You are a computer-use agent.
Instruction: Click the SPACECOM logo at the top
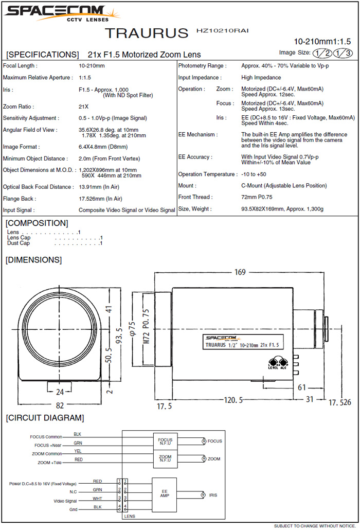56,13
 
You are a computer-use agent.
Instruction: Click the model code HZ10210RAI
222,31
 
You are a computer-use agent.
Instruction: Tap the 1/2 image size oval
322,52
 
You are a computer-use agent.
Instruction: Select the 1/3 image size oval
343,52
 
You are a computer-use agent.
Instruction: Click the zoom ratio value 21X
84,107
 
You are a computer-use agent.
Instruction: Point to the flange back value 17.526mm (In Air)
100,199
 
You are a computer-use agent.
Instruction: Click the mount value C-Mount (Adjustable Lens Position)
284,186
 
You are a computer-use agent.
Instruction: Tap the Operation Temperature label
207,174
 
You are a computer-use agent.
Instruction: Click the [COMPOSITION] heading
37,223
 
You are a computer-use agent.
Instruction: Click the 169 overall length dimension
240,272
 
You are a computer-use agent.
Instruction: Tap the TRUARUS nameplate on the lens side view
242,342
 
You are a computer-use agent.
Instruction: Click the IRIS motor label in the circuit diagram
213,495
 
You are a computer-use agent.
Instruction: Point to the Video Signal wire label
65,501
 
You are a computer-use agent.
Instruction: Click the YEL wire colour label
77,451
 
